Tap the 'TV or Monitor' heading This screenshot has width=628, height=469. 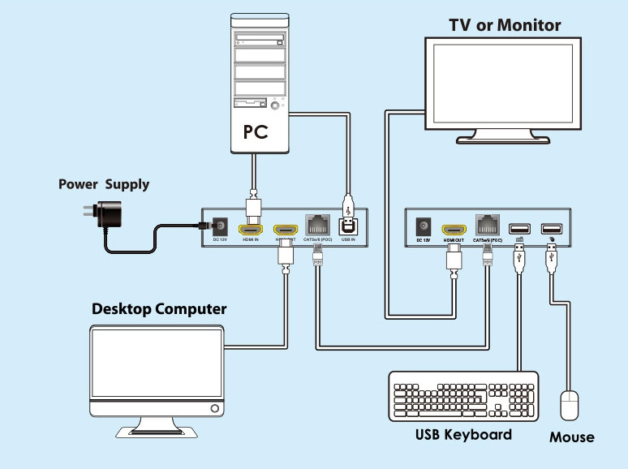pyautogui.click(x=505, y=25)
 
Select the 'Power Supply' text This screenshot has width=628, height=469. pyautogui.click(x=104, y=184)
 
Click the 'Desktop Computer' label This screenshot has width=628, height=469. pyautogui.click(x=159, y=309)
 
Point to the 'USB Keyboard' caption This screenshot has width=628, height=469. pyautogui.click(x=463, y=434)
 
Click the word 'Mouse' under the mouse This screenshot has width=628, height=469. pyautogui.click(x=571, y=437)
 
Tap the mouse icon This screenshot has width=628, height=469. pyautogui.click(x=570, y=405)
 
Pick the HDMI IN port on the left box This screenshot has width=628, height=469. pyautogui.click(x=248, y=229)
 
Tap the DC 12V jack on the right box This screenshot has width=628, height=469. pyautogui.click(x=423, y=227)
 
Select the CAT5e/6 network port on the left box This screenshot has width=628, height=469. pyautogui.click(x=316, y=224)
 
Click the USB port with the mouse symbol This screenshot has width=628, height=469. pyautogui.click(x=552, y=229)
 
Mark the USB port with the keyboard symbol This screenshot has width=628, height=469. pyautogui.click(x=519, y=229)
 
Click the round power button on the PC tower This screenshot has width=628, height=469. pyautogui.click(x=277, y=105)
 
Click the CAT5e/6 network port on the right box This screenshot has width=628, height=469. pyautogui.click(x=487, y=224)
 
